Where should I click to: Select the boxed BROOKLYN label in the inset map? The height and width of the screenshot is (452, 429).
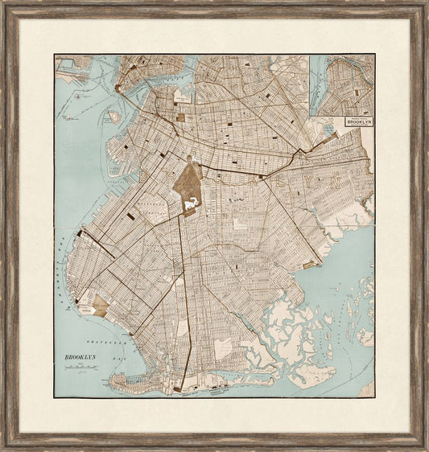tap(359, 121)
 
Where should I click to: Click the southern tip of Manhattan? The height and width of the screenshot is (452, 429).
tap(121, 88)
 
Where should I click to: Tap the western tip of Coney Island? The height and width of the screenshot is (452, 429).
tap(112, 376)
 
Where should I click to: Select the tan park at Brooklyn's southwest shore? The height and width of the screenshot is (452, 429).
tap(99, 305)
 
